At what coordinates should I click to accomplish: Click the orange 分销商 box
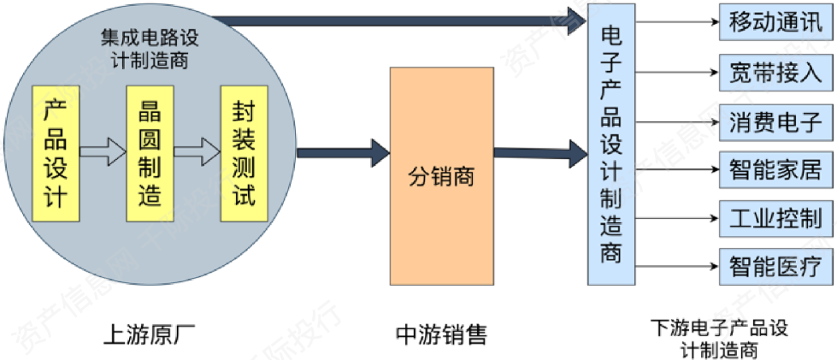tap(441, 176)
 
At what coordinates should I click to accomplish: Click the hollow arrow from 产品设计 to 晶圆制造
tap(102, 153)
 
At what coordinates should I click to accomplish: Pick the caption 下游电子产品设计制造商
tap(718, 339)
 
